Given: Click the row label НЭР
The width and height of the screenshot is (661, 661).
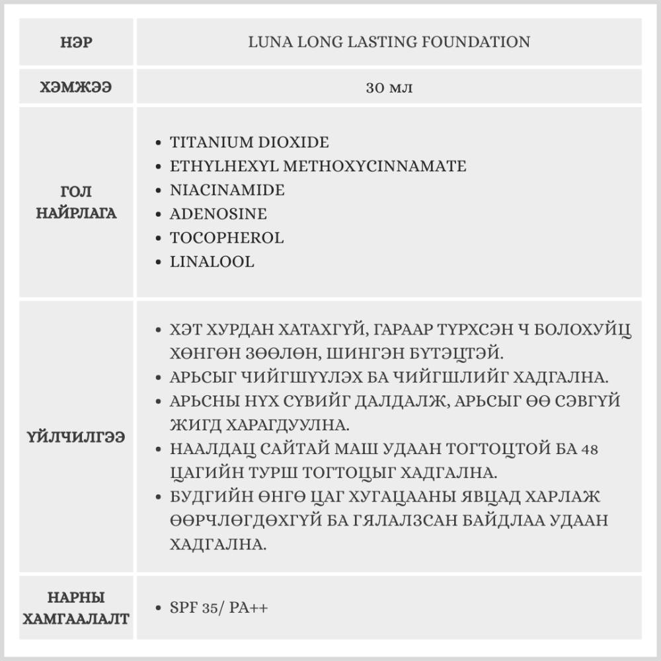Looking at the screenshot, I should (x=75, y=43).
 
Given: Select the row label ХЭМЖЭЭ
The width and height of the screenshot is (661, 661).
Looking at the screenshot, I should (x=75, y=87).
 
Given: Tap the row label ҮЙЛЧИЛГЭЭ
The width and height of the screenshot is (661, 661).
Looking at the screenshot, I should (x=75, y=438).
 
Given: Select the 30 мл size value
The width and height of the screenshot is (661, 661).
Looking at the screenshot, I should (x=389, y=87).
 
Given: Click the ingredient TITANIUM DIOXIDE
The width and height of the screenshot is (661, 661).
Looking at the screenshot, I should (x=249, y=143).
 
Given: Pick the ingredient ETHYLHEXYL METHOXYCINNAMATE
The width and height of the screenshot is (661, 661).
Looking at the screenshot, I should (x=318, y=167).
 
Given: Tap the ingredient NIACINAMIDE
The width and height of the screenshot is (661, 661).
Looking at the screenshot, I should (x=227, y=190).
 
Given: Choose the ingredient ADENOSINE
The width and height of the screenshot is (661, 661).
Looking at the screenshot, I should (x=218, y=214).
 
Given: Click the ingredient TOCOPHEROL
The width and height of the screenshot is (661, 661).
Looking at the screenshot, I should (x=227, y=238).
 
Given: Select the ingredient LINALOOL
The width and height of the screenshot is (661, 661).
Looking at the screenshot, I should (x=212, y=262).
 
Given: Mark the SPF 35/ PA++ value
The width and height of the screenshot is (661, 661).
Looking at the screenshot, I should (x=219, y=608).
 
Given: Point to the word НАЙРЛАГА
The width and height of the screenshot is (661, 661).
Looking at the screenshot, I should (x=75, y=214).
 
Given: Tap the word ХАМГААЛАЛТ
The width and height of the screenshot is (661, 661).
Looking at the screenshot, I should (x=75, y=619).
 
